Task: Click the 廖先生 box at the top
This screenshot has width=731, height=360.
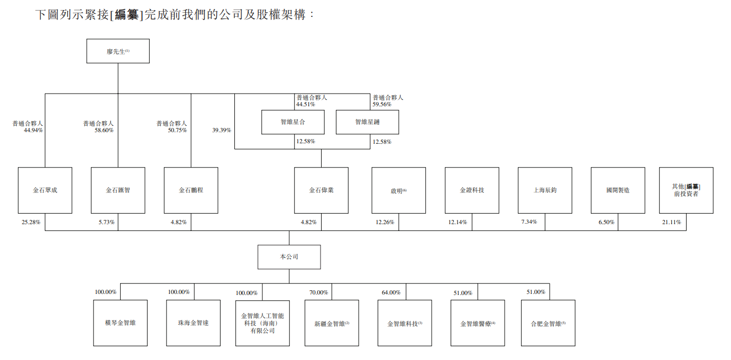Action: click(x=118, y=51)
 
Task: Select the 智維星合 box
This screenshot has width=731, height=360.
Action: click(x=293, y=122)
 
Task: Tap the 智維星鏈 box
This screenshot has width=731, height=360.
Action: click(x=368, y=122)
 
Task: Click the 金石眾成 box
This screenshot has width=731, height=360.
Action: click(x=45, y=190)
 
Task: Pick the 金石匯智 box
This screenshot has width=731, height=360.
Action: click(x=118, y=190)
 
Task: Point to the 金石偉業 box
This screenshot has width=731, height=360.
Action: click(x=321, y=190)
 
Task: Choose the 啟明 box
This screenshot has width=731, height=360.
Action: click(x=398, y=190)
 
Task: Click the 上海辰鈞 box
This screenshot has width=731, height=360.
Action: click(x=545, y=190)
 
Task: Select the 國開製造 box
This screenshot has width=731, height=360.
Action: click(x=618, y=190)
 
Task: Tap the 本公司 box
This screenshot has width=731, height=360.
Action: click(x=289, y=257)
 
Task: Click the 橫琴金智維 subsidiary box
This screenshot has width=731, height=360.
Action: click(x=120, y=323)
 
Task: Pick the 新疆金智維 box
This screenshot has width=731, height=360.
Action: click(x=332, y=323)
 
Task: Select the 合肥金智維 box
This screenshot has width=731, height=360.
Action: click(x=548, y=323)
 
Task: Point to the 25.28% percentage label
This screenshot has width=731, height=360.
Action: click(x=31, y=223)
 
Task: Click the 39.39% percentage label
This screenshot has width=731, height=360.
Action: click(x=222, y=130)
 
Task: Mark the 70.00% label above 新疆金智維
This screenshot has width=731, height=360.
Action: click(x=318, y=292)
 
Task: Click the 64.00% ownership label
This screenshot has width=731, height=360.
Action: click(x=391, y=292)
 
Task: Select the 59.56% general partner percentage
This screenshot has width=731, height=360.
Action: click(x=382, y=105)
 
